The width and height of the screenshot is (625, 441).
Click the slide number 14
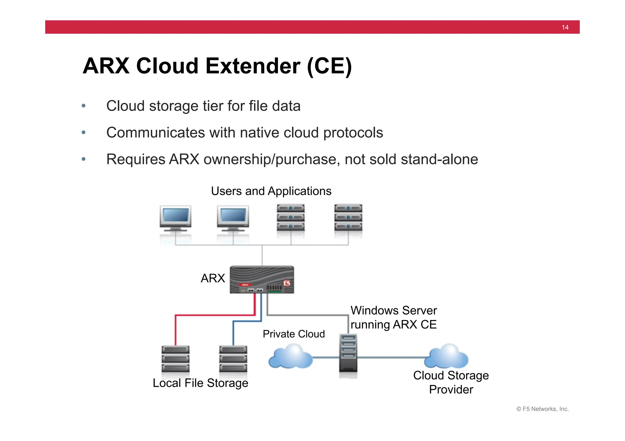point(565,27)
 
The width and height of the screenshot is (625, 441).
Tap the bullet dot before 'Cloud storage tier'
point(84,106)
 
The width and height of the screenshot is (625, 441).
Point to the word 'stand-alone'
point(439,159)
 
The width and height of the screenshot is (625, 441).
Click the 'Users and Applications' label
point(271,191)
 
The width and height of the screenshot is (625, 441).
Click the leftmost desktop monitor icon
point(175,218)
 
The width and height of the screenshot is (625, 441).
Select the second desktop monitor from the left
point(233,218)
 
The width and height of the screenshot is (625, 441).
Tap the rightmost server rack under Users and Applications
point(348,217)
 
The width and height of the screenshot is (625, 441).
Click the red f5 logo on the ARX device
point(287,283)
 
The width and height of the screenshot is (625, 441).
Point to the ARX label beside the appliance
point(213,278)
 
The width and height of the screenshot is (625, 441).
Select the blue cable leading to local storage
point(233,332)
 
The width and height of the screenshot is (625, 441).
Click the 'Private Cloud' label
point(294,334)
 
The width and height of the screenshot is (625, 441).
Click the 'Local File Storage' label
point(200,383)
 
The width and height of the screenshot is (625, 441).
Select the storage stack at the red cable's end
point(175,359)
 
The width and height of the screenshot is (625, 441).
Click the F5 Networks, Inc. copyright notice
point(542,409)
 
